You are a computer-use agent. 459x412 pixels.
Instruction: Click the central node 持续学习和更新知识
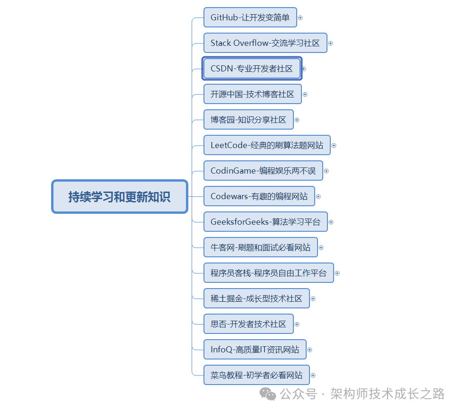(119, 196)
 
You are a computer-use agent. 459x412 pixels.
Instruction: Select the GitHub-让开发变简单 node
(250, 18)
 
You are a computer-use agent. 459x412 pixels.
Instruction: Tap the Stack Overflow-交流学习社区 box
(265, 43)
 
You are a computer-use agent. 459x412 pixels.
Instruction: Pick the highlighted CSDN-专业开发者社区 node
(252, 69)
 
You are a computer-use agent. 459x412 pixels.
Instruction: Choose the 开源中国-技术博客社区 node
(252, 94)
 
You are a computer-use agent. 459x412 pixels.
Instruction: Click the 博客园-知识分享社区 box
(248, 120)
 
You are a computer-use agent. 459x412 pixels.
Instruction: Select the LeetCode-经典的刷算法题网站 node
(267, 145)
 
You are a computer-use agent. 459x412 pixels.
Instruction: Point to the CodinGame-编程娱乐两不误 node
(263, 171)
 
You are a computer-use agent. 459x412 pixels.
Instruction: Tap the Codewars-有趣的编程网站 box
(259, 196)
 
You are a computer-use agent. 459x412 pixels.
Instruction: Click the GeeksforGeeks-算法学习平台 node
(265, 222)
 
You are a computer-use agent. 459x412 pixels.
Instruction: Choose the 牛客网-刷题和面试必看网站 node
(261, 247)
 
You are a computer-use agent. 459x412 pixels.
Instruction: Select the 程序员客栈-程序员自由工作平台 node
(268, 273)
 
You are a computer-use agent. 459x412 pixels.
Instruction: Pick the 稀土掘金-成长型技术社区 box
(256, 298)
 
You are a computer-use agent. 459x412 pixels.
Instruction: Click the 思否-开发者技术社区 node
(248, 324)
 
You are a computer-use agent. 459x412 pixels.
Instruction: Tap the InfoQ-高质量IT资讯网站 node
(255, 350)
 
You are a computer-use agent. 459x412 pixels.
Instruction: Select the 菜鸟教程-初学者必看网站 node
(256, 375)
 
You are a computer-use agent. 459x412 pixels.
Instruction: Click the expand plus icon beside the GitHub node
(300, 18)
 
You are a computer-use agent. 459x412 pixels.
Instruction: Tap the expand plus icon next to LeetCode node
(334, 146)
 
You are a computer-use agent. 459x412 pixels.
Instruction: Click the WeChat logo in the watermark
(269, 394)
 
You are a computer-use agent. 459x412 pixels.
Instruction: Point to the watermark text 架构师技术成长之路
(388, 394)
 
